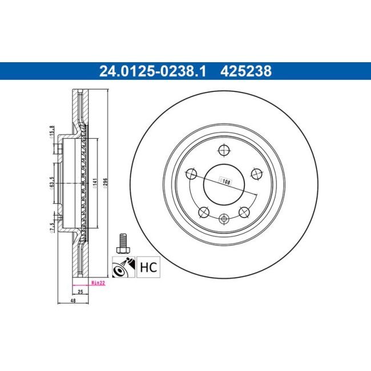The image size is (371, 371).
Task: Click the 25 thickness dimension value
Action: (x=80, y=292)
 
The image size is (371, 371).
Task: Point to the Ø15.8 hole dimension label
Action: (x=52, y=131)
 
